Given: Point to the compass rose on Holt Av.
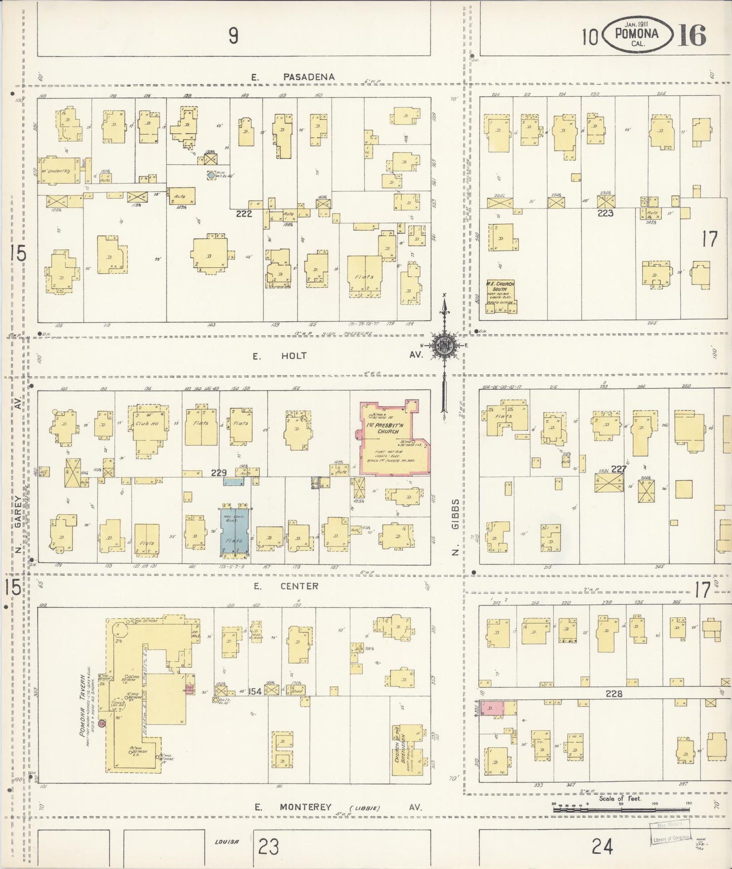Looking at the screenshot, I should pyautogui.click(x=444, y=346).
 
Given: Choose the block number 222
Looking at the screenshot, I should pyautogui.click(x=244, y=214).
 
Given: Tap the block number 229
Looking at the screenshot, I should pyautogui.click(x=218, y=473).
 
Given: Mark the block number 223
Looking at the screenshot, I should pyautogui.click(x=605, y=213).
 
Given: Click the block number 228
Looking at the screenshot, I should pyautogui.click(x=614, y=694).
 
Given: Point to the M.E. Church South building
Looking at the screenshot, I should pyautogui.click(x=500, y=297).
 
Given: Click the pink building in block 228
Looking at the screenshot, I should pyautogui.click(x=492, y=709).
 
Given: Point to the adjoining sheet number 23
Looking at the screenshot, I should pyautogui.click(x=268, y=846).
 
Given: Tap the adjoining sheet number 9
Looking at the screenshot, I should pyautogui.click(x=233, y=35).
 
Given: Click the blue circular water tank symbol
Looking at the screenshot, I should pyautogui.click(x=211, y=175).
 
